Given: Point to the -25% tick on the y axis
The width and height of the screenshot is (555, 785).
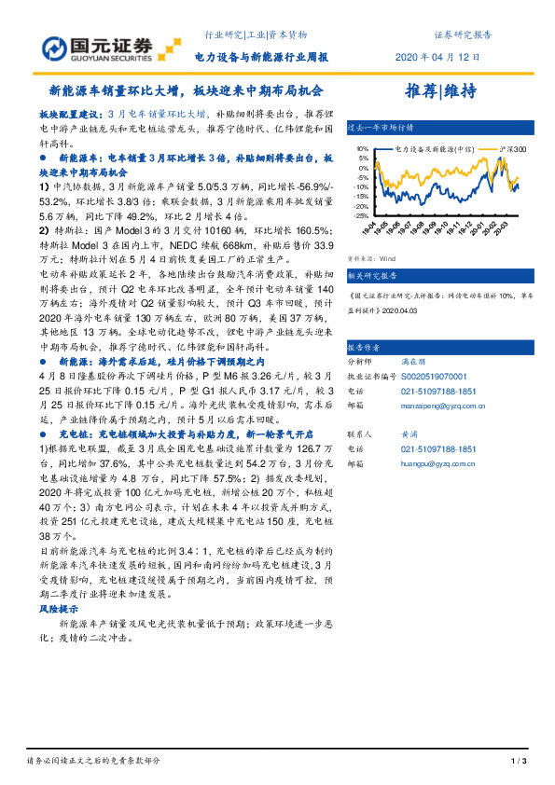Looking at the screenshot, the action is pos(357,213).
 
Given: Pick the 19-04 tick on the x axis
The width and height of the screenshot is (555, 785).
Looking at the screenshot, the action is pos(370,227).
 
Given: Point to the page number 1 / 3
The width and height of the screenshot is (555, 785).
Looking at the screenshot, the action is pos(520,762).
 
